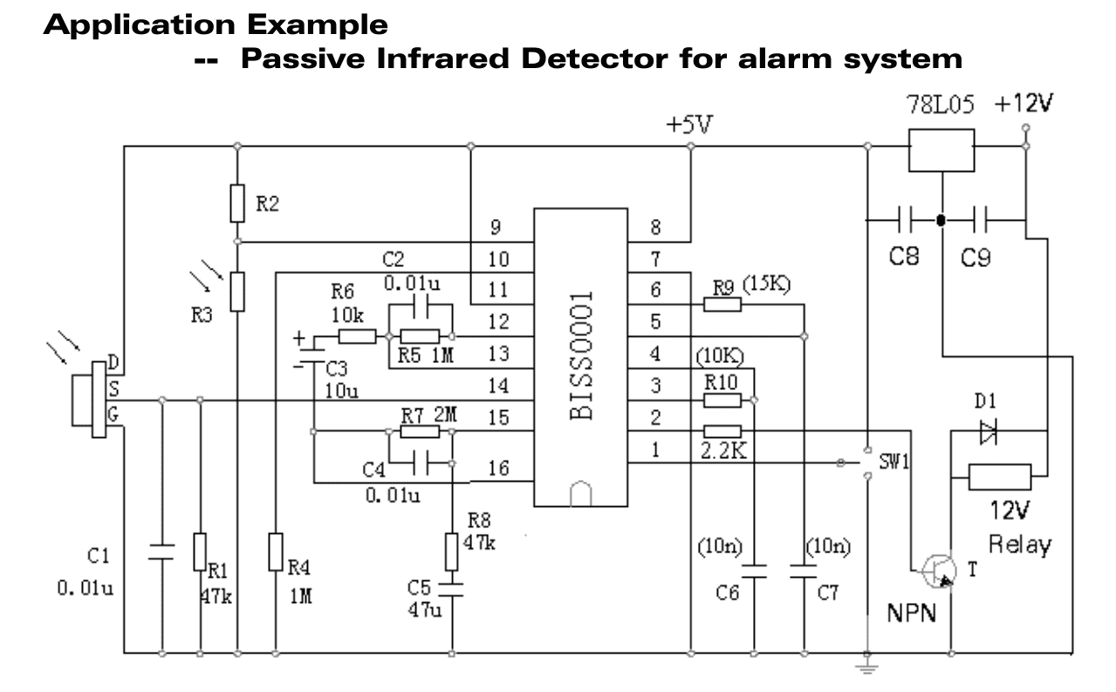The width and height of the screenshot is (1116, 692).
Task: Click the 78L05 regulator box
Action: (941, 150)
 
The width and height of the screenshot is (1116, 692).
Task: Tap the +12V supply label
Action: (1024, 104)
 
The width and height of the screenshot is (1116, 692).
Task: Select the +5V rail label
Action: (689, 125)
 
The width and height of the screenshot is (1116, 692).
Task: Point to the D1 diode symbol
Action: (988, 431)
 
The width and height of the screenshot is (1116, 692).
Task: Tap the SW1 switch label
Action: (895, 461)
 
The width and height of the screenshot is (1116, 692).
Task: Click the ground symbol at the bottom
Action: (866, 665)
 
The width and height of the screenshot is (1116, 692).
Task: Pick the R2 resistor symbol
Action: (237, 203)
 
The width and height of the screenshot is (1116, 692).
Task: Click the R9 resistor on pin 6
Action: (723, 304)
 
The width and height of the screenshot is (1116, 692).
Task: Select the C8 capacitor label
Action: (903, 259)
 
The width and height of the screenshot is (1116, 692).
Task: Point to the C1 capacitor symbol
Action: (161, 552)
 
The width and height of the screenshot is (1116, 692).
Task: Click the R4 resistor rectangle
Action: (276, 552)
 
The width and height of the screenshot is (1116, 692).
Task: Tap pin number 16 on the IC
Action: (497, 469)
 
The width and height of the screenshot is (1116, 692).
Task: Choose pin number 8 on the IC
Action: (655, 229)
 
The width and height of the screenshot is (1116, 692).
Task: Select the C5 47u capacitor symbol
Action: (452, 585)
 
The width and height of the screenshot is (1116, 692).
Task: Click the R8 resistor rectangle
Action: (452, 551)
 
